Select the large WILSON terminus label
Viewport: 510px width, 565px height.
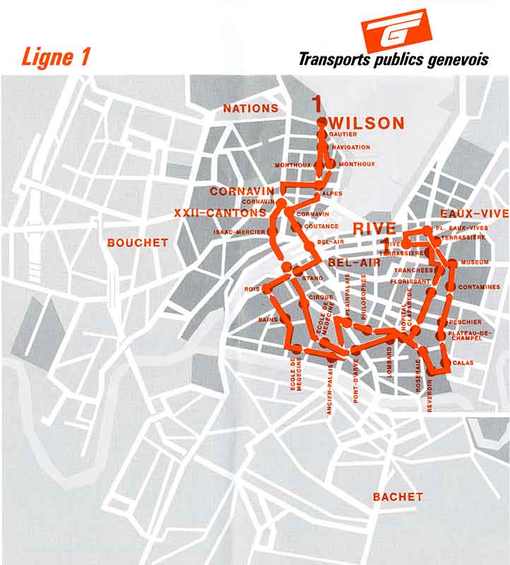[x=367, y=123]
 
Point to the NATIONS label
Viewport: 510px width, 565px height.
[x=251, y=109]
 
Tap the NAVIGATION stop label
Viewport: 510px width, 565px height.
[x=351, y=147]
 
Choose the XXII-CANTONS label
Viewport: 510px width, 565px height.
[x=220, y=213]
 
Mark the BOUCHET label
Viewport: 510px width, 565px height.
[x=138, y=243]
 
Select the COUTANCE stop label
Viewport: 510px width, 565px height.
[x=321, y=227]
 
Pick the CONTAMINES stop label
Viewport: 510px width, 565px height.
[x=479, y=287]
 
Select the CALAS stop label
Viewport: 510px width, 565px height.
[x=463, y=363]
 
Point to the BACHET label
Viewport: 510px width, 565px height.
[x=398, y=497]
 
